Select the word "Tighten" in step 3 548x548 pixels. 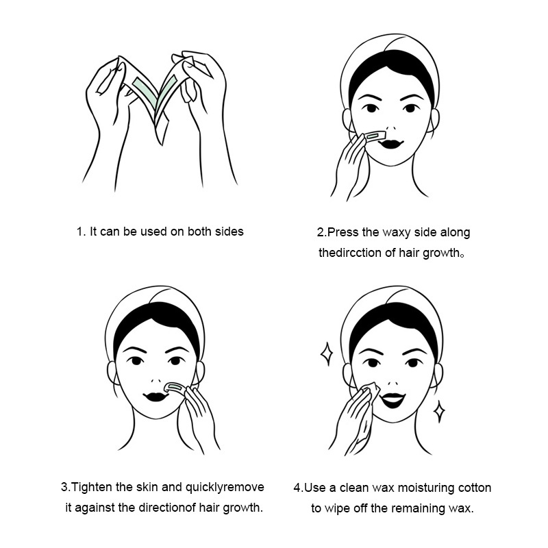(x=92, y=488)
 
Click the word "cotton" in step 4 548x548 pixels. (x=475, y=488)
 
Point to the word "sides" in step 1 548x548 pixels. (x=229, y=232)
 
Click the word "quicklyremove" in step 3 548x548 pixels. (x=225, y=488)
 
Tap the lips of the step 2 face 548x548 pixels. (x=390, y=143)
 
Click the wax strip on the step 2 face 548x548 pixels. (x=374, y=136)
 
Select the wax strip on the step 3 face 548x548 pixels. (x=176, y=388)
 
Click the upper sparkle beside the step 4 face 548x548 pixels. (x=327, y=353)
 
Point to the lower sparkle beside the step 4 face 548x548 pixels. (x=439, y=412)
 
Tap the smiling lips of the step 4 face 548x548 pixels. (x=393, y=399)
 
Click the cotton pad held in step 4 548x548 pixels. (x=371, y=391)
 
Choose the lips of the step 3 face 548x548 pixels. (x=156, y=397)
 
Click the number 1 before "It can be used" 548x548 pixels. (x=80, y=232)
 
